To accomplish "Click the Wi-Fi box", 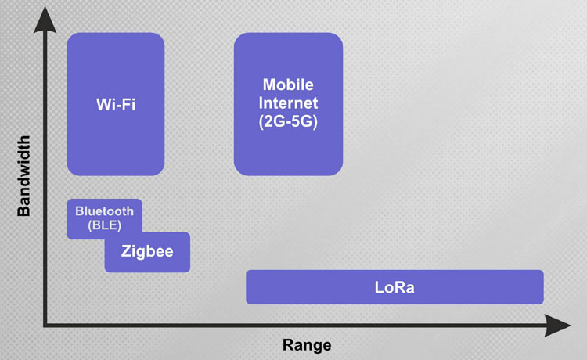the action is [116, 104].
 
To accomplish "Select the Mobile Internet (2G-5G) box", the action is [288, 104].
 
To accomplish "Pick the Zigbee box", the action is [147, 252].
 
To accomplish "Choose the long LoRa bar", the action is [394, 287].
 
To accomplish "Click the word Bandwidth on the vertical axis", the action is [23, 176].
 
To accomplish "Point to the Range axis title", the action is [307, 344].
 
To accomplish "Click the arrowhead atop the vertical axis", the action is [45, 20].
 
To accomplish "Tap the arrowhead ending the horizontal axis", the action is [557, 326].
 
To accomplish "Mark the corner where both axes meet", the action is [45, 326].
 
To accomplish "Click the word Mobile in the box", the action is [288, 85].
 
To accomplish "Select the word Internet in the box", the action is [288, 103].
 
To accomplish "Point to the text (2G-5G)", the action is [288, 121].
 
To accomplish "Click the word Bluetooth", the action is [104, 211].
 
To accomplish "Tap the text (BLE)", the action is [104, 225].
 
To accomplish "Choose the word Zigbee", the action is [147, 251].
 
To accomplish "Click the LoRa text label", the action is [394, 287].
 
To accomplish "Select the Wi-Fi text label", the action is [116, 104].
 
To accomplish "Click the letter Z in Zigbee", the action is [126, 250].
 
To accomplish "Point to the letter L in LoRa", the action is [380, 287].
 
